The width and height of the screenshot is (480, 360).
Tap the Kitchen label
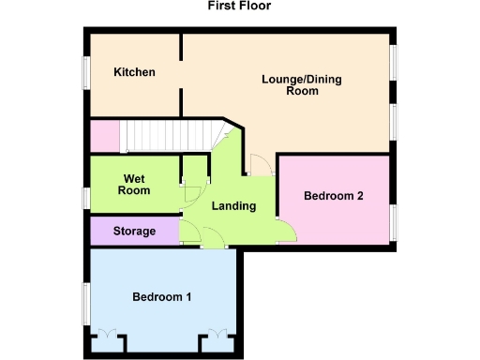(x=134, y=72)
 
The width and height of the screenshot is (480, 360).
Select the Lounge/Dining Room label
(x=301, y=85)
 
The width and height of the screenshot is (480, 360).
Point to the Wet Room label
(x=133, y=184)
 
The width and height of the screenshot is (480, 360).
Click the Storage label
(x=134, y=231)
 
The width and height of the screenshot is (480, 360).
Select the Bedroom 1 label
(x=161, y=297)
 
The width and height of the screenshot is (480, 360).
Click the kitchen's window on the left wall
(x=85, y=72)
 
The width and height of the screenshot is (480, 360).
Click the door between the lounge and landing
(x=260, y=165)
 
